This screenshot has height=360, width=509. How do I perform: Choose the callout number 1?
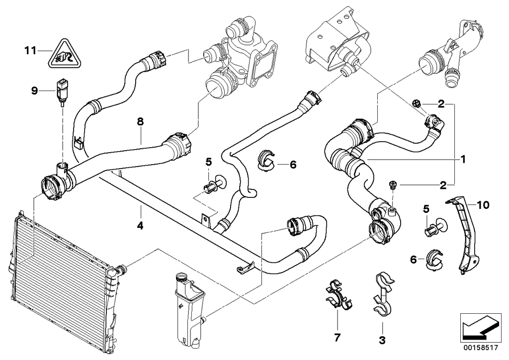tap(462, 160)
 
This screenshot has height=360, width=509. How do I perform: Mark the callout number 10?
tap(483, 204)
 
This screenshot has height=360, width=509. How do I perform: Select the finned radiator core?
tap(60, 278)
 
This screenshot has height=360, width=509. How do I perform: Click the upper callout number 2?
tap(440, 104)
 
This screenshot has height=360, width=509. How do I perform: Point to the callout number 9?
tap(34, 90)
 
